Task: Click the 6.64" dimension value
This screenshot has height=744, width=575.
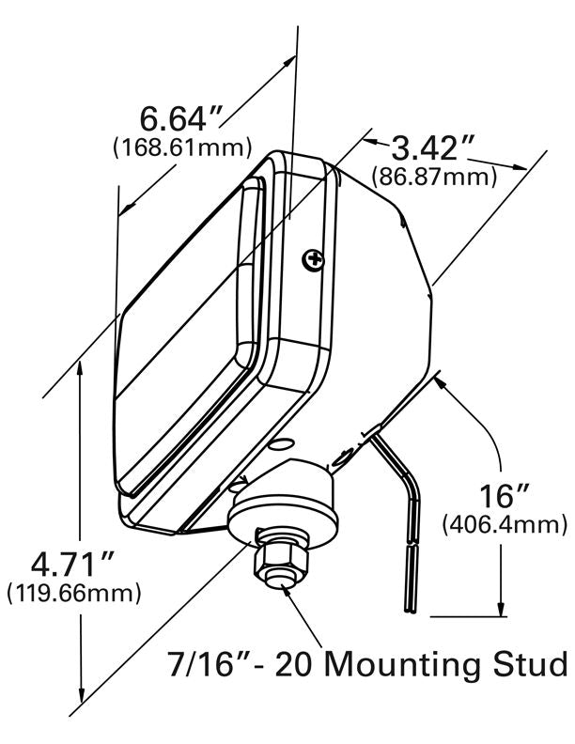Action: point(182,120)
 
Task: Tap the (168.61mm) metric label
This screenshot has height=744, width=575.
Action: point(182,147)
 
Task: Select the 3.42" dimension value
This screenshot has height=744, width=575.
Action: point(433,148)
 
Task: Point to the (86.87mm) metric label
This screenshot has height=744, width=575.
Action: point(434,176)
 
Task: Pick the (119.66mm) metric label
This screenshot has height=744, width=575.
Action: point(73,594)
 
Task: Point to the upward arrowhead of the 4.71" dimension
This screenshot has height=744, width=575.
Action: point(82,362)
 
